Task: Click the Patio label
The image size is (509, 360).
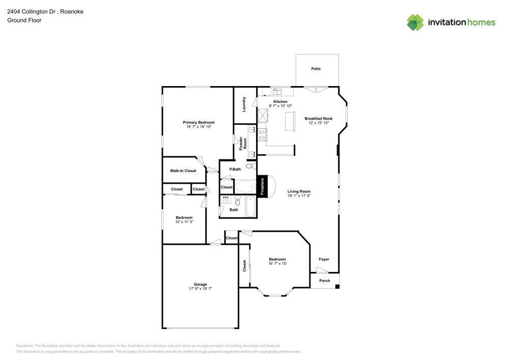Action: [x=316, y=68]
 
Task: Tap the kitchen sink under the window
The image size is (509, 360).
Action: [x=277, y=92]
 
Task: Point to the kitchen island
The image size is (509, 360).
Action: [x=290, y=122]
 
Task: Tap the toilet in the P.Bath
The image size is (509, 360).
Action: [x=250, y=166]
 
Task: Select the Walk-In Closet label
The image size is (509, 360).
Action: [x=183, y=171]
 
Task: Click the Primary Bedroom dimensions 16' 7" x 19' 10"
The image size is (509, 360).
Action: [x=199, y=126]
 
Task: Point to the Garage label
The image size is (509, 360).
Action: [x=200, y=284]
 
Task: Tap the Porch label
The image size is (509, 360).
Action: [x=324, y=281]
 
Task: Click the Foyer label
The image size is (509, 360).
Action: [x=324, y=259]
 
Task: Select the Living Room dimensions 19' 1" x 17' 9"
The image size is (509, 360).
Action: [x=299, y=195]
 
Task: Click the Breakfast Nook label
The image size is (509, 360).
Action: [x=318, y=118]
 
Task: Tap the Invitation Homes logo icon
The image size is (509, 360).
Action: [x=415, y=22]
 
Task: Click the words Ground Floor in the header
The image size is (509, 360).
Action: [x=24, y=20]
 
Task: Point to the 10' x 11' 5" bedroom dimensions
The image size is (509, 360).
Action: [x=184, y=221]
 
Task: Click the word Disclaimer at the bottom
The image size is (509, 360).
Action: [x=24, y=345]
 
